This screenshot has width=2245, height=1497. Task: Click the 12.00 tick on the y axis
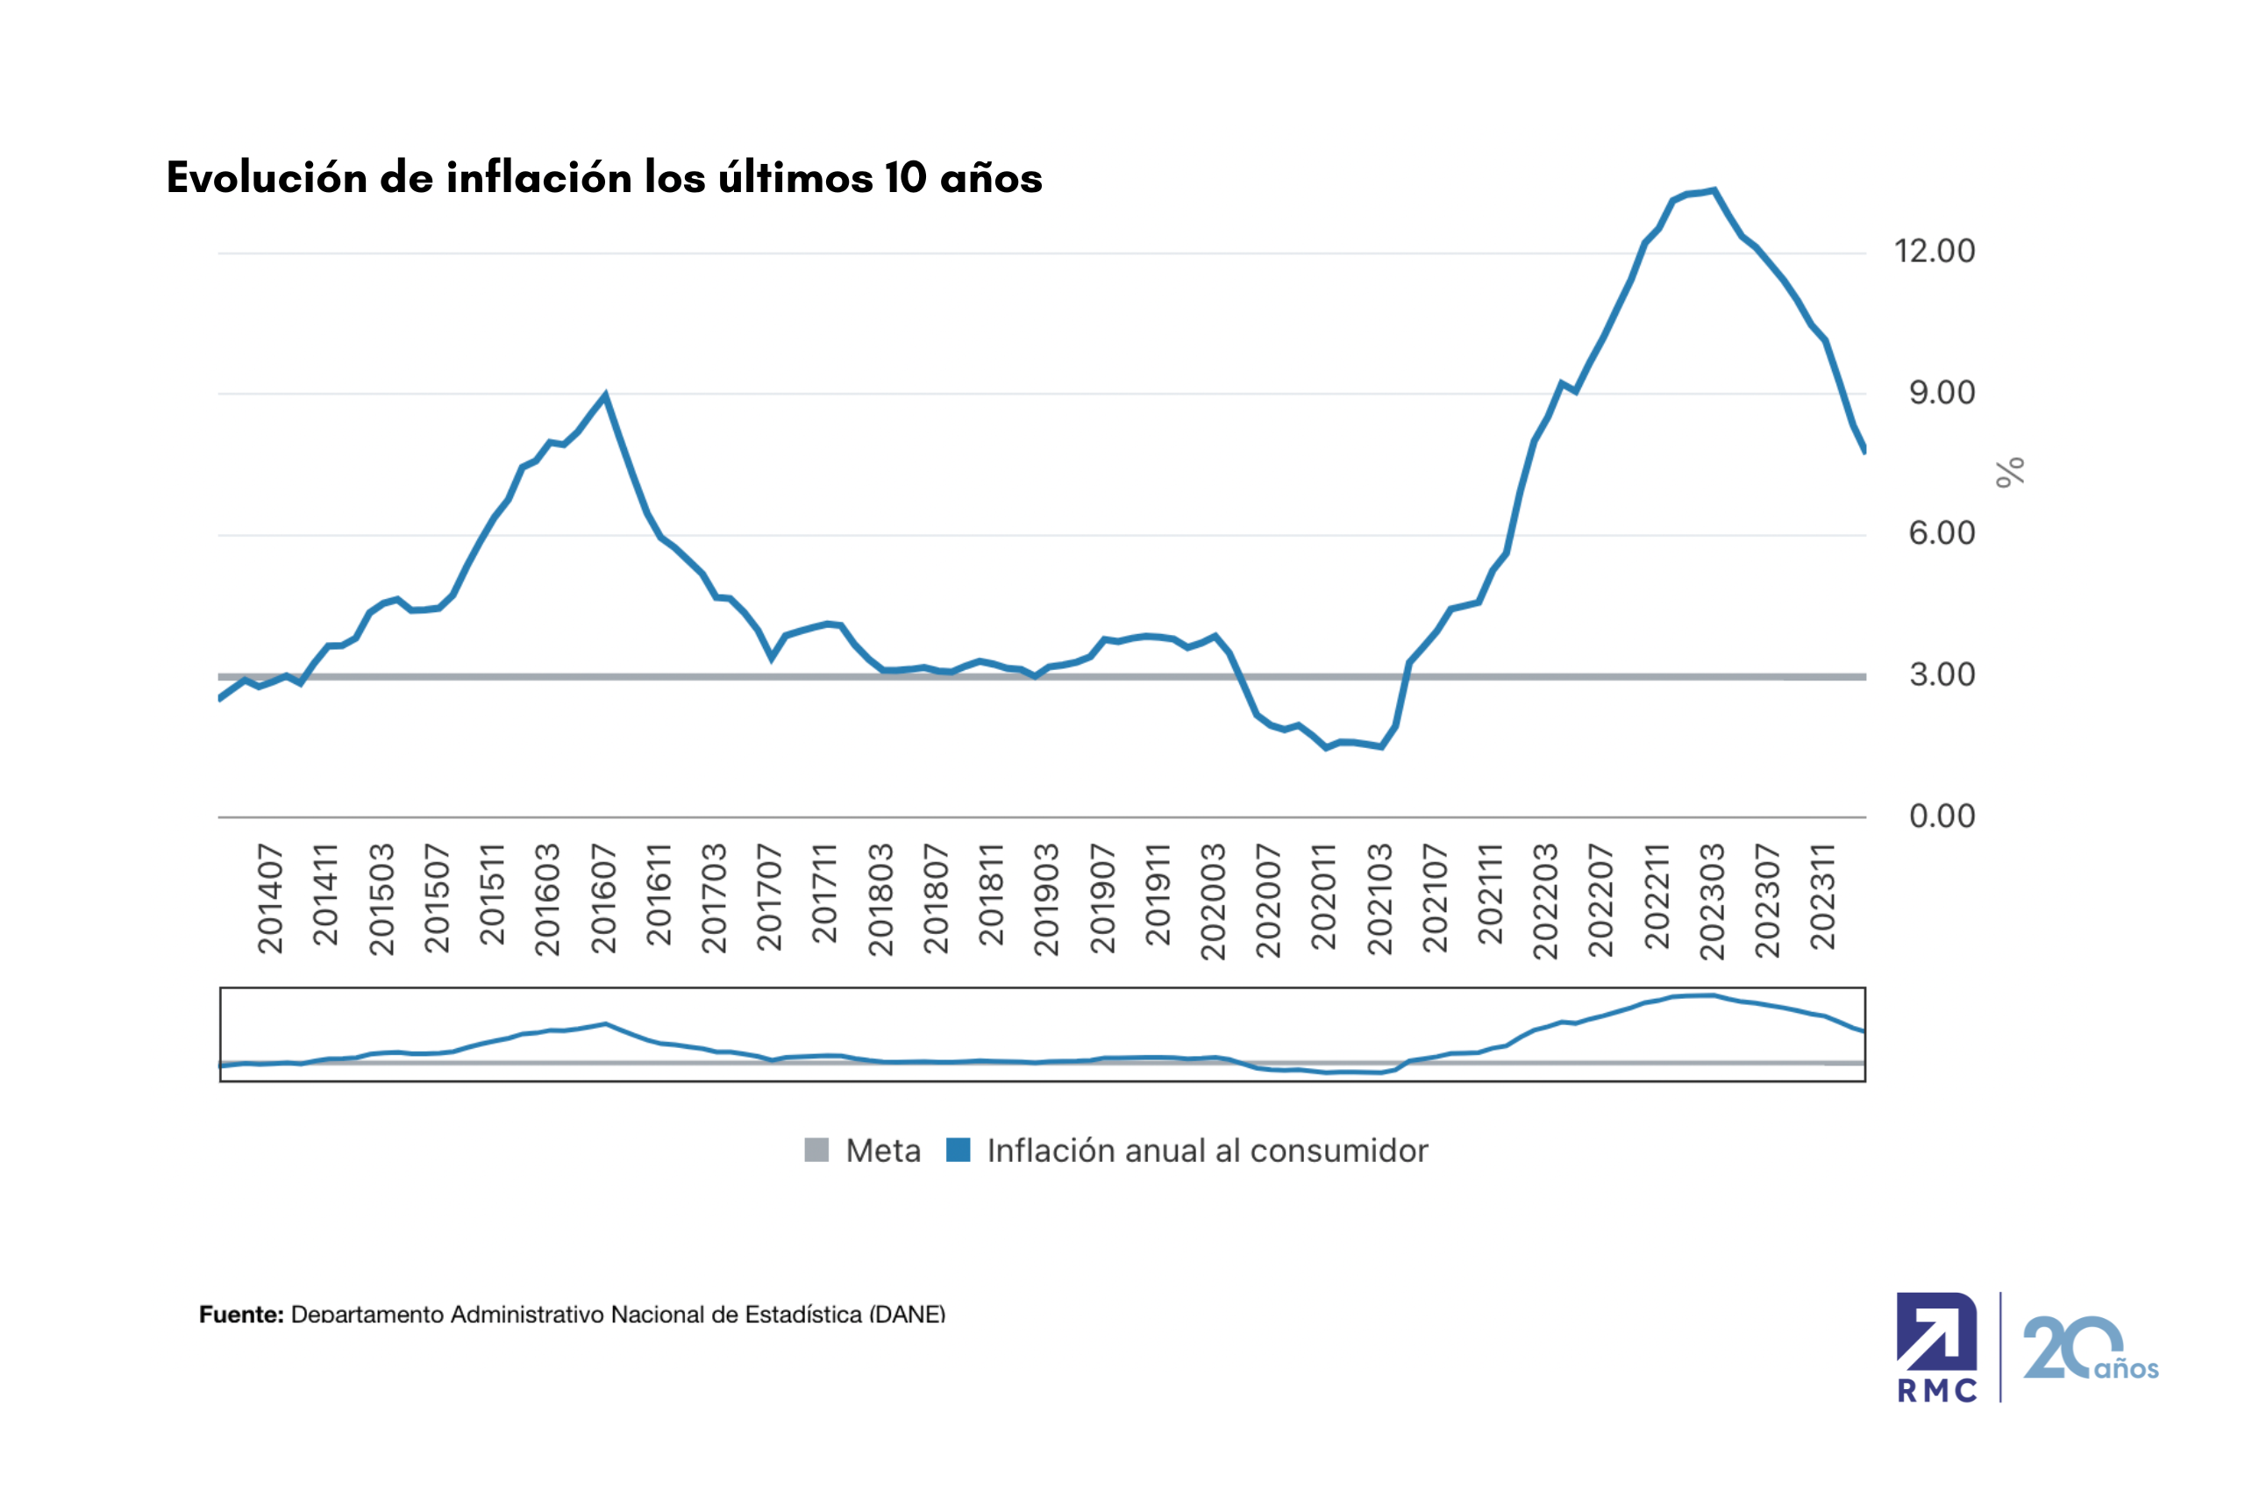pos(1934,251)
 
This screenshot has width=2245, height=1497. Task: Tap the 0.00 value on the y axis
pos(1942,816)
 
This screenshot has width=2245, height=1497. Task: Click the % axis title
pos(2010,472)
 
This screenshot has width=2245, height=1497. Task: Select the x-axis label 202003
pos(1213,901)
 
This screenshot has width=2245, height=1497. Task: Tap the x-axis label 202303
pos(1713,901)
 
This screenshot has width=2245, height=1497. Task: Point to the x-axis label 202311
pos(1823,896)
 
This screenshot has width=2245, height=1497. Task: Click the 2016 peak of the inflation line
pos(605,395)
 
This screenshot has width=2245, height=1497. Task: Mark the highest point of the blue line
pos(1714,190)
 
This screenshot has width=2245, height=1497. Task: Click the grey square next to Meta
pos(816,1150)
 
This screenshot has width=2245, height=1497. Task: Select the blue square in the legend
pos(958,1150)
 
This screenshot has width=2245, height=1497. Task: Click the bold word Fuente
pos(240,1315)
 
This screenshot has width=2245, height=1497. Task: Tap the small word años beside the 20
pos(2126,1369)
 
